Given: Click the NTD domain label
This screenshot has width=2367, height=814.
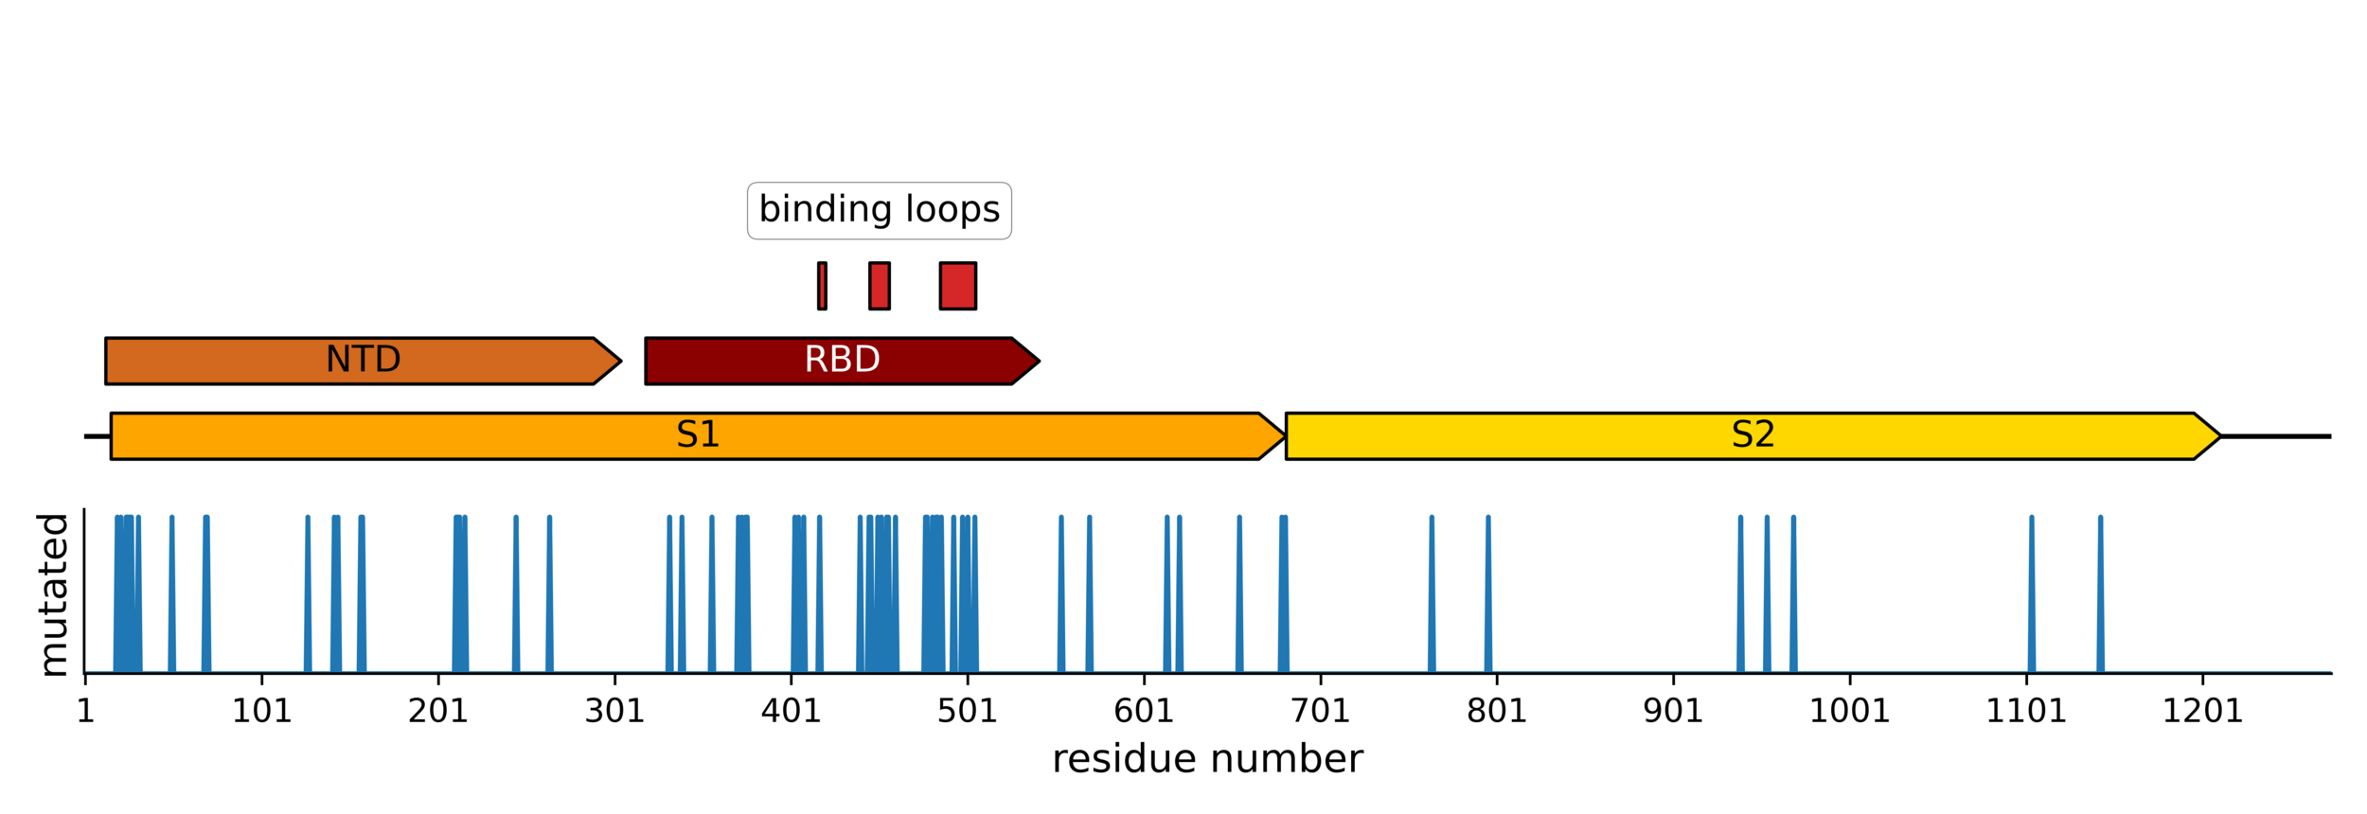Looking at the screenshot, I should [x=363, y=360].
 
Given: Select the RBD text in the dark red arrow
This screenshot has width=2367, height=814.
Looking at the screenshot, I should [x=842, y=360].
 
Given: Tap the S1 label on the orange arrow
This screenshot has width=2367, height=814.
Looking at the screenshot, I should [x=698, y=434].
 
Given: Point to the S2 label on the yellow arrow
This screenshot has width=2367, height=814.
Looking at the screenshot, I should [x=1753, y=434].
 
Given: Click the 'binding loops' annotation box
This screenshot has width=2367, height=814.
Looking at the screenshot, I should [x=879, y=210].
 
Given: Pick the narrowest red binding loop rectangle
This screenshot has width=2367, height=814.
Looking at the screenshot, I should [x=822, y=286].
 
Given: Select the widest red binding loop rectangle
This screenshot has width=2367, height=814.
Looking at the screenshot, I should [x=957, y=286].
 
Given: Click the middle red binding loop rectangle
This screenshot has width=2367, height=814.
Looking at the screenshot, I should [x=879, y=286].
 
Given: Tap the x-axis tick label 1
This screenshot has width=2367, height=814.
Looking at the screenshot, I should [x=85, y=711].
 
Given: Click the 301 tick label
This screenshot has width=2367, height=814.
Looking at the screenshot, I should [x=614, y=711].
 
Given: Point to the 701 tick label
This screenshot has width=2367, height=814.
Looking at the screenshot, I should [x=1320, y=711].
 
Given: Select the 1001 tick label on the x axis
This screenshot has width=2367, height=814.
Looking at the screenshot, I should [x=1849, y=711].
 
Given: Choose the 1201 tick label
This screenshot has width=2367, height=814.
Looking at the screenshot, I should [x=2202, y=711].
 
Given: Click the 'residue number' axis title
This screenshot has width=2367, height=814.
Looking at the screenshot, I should [x=1207, y=759].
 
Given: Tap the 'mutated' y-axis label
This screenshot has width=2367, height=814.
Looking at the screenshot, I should [x=53, y=594].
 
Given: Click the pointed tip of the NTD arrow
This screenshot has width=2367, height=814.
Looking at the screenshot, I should [x=619, y=361].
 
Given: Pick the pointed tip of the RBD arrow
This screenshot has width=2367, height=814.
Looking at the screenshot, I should [x=1038, y=361].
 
